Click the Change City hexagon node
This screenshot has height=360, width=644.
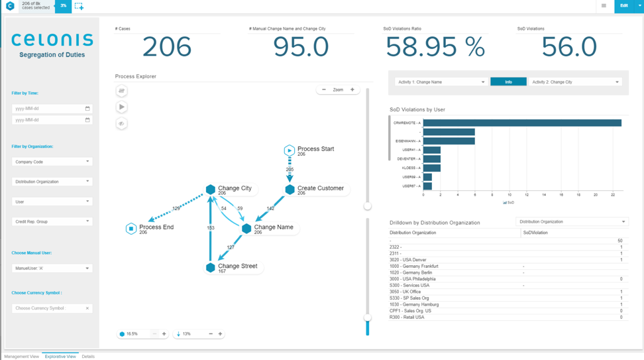pyautogui.click(x=211, y=190)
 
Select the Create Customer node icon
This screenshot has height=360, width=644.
pyautogui.click(x=290, y=190)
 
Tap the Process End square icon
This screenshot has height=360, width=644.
pyautogui.click(x=131, y=229)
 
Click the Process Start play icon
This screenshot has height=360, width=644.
pyautogui.click(x=290, y=150)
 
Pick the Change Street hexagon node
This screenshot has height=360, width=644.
pyautogui.click(x=211, y=268)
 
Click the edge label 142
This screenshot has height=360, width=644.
pyautogui.click(x=270, y=208)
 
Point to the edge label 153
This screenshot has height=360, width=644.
pyautogui.click(x=211, y=228)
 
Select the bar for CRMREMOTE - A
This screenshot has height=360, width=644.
pyautogui.click(x=522, y=123)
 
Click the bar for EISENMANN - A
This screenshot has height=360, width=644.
pyautogui.click(x=449, y=141)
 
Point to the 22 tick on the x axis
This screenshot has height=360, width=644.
pyautogui.click(x=613, y=195)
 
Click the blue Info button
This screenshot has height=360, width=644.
pyautogui.click(x=508, y=82)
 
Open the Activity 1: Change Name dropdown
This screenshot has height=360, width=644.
pyautogui.click(x=441, y=82)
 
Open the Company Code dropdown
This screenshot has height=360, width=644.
pyautogui.click(x=52, y=162)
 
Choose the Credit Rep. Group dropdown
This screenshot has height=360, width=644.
pyautogui.click(x=52, y=221)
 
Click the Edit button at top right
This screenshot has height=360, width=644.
pyautogui.click(x=623, y=6)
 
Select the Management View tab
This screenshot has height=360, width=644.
pyautogui.click(x=22, y=357)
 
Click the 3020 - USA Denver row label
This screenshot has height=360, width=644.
pyautogui.click(x=408, y=260)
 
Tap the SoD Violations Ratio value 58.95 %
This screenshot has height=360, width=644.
pyautogui.click(x=435, y=47)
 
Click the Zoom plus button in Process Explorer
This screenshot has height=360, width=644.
pyautogui.click(x=352, y=90)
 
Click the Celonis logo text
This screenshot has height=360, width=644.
pyautogui.click(x=52, y=40)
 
